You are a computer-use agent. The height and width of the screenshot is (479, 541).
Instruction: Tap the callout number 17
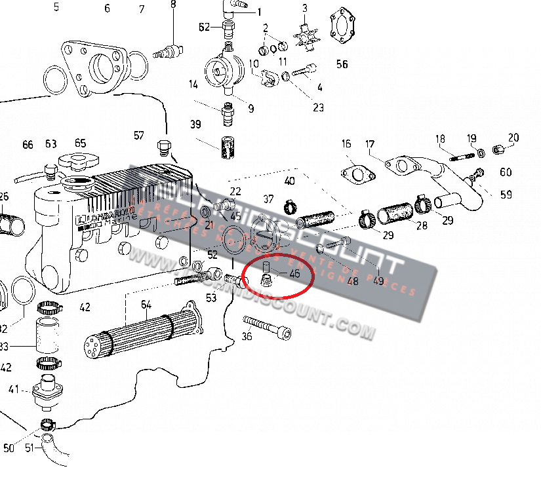[370, 144]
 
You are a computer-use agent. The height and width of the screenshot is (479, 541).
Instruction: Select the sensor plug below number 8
[166, 49]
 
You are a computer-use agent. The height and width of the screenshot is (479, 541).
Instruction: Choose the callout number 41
[14, 390]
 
